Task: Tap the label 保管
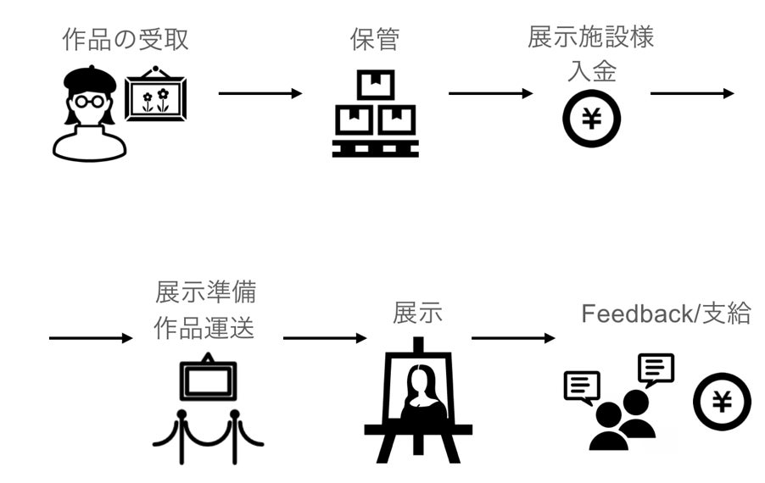374,40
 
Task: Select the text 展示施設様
591,38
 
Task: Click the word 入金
591,71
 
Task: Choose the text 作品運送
204,328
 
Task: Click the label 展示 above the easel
417,313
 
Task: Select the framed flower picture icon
156,97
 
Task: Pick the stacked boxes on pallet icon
375,114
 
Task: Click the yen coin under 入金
591,119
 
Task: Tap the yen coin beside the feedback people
722,402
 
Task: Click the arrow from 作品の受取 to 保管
260,93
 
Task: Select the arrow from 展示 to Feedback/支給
513,338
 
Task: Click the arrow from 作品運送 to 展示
325,338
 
